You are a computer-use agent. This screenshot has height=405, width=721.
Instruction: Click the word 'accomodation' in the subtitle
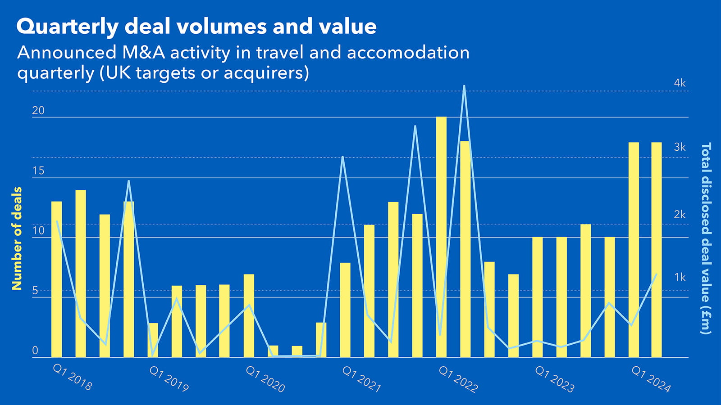(408, 53)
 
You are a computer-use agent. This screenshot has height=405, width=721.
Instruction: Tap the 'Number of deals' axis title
(17, 238)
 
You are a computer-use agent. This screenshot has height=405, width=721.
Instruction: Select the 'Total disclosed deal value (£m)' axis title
(705, 238)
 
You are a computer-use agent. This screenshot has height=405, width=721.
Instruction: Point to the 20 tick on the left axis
(38, 111)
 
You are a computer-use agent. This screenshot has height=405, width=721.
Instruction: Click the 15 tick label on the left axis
(38, 171)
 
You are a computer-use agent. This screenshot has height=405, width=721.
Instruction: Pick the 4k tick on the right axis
(680, 83)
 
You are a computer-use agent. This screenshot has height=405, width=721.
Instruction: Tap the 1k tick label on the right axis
(680, 277)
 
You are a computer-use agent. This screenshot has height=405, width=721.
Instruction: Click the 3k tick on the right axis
(680, 148)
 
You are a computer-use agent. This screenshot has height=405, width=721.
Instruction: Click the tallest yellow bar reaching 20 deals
(441, 236)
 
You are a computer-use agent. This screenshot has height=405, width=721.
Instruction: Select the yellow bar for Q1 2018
(56, 279)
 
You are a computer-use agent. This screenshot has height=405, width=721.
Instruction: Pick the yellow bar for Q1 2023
(537, 297)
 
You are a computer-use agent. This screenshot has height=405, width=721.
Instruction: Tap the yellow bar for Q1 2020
(249, 315)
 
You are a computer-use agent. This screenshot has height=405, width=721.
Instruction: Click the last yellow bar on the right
(656, 250)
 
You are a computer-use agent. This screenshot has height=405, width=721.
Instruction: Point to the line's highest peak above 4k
(464, 86)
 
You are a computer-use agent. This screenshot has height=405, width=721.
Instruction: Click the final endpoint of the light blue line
(656, 274)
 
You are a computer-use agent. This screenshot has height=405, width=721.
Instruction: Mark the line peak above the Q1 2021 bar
(343, 157)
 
